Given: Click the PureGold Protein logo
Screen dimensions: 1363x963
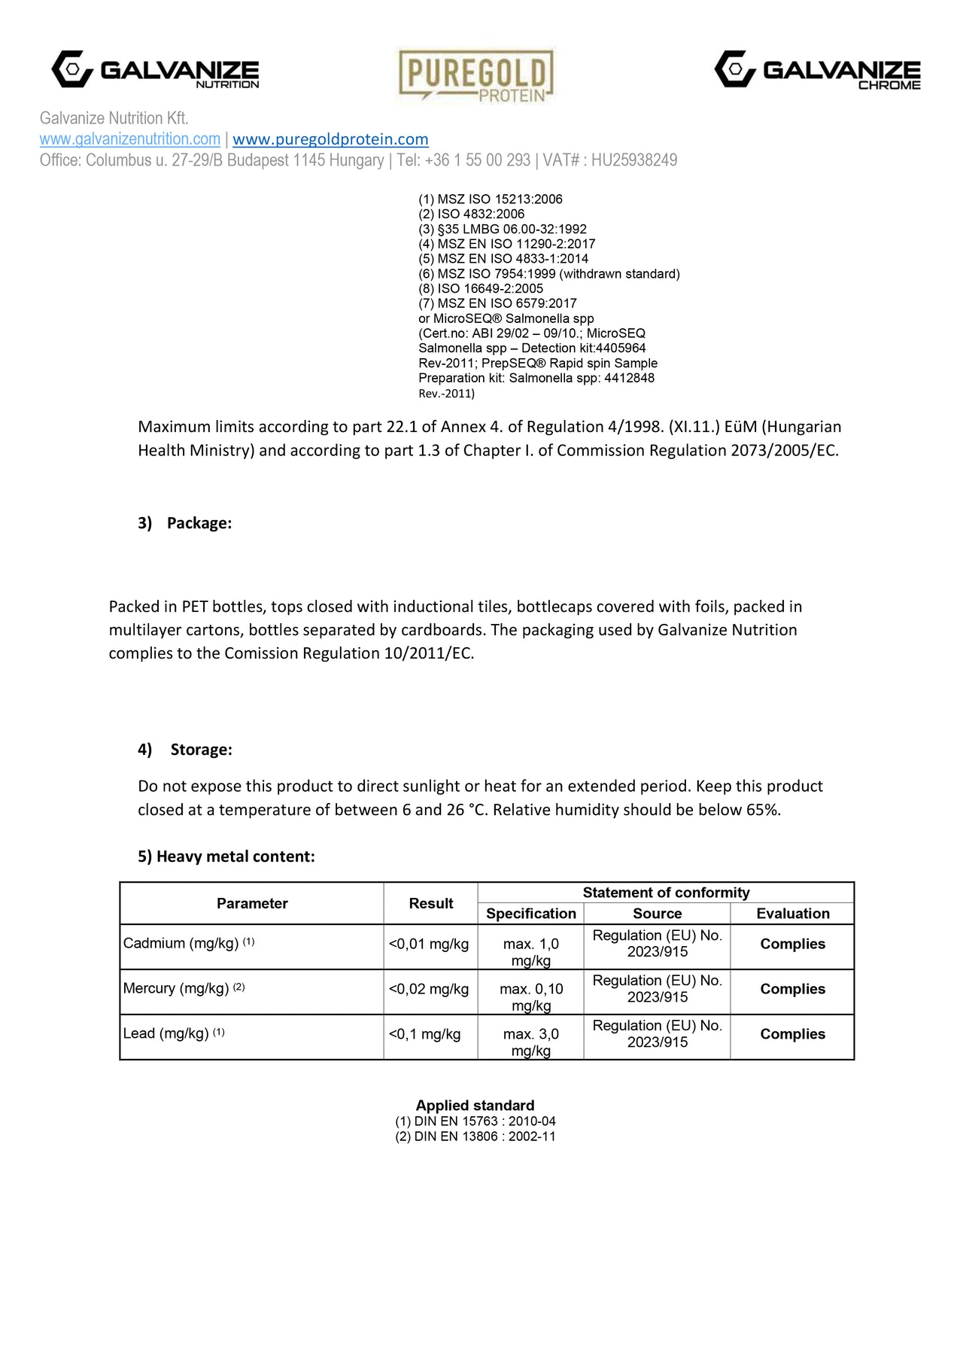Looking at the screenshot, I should [x=475, y=75].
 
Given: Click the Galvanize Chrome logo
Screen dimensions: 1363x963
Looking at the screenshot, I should [x=817, y=70].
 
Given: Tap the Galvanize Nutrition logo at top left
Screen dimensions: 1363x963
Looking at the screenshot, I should [x=155, y=70].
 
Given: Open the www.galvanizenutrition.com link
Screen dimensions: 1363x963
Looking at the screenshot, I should [x=130, y=139].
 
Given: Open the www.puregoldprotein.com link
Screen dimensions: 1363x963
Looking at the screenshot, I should [x=330, y=139].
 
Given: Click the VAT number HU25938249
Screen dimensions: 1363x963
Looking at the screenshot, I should [x=633, y=160].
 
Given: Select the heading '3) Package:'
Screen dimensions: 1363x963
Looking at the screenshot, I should [x=184, y=523].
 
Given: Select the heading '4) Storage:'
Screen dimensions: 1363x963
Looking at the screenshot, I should [x=185, y=750].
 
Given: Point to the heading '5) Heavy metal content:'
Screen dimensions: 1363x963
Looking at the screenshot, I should [x=226, y=856].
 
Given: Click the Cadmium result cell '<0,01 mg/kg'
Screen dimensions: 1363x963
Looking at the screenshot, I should [x=429, y=944].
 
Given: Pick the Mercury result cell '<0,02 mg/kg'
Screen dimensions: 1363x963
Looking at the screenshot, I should [x=429, y=989].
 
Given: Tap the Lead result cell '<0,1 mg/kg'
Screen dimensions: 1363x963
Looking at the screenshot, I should [x=425, y=1034].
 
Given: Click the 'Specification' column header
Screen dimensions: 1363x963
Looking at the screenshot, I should [x=531, y=914].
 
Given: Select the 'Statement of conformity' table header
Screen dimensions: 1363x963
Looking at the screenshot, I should [x=666, y=893].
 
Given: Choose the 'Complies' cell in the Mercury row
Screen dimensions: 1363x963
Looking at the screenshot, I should [x=792, y=989].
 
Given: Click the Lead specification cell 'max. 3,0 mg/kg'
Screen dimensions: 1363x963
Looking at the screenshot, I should [x=531, y=1042].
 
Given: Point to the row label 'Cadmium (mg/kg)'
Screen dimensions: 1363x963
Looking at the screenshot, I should [x=181, y=943].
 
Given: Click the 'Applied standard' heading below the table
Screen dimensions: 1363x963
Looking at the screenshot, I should [x=475, y=1106].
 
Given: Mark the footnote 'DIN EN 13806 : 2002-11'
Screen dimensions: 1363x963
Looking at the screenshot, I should [x=475, y=1136].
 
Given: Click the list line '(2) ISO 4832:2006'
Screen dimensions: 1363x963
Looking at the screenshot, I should [x=472, y=214].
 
